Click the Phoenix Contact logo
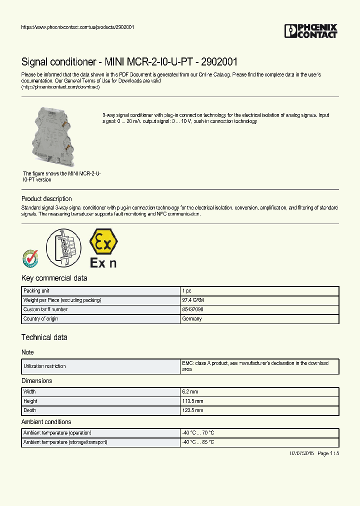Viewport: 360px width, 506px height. (x=310, y=31)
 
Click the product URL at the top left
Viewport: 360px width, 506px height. (x=77, y=27)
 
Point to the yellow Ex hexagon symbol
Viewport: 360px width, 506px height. (x=103, y=241)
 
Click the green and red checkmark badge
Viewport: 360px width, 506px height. (x=30, y=258)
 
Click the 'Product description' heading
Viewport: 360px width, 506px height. (x=46, y=199)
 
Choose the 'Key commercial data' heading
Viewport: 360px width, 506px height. (x=54, y=278)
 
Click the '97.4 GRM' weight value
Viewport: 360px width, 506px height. (x=193, y=300)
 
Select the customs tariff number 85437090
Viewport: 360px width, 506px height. (x=192, y=309)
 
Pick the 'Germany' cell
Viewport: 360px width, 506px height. (x=192, y=319)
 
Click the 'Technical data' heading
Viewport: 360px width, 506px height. (x=44, y=337)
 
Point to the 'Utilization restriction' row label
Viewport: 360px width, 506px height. (x=44, y=366)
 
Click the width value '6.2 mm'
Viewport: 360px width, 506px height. (x=190, y=392)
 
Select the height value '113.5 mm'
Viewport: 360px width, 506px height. (x=193, y=401)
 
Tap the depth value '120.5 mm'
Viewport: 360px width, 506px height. (x=193, y=410)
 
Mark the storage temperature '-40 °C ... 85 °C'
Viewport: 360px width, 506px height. (x=198, y=442)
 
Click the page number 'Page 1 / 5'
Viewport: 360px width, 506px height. (x=328, y=453)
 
